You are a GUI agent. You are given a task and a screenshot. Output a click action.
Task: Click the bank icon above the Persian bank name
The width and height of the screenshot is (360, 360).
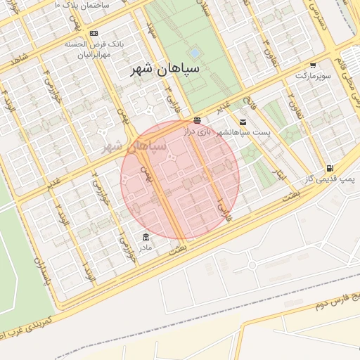point(94,33)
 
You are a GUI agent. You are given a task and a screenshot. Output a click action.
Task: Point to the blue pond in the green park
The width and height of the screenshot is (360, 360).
point(194,53)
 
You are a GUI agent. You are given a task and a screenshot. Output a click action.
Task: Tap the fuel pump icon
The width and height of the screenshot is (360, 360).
point(330,169)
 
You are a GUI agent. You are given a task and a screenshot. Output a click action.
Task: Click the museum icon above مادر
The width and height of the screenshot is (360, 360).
point(146,237)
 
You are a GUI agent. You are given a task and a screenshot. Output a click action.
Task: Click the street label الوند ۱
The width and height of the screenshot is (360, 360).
point(88,271)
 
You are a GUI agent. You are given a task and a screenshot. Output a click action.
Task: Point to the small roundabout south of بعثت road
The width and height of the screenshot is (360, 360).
point(252,264)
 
